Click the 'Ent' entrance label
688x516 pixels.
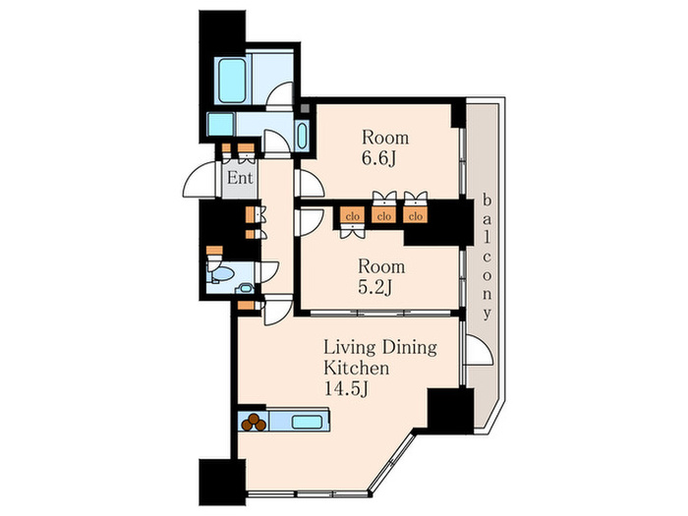240,178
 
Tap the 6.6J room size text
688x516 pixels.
378,158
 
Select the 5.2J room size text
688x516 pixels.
375,287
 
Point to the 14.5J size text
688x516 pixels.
345,389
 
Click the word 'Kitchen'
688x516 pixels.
356,368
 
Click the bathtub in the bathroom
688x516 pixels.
232,81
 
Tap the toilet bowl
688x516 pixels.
222,274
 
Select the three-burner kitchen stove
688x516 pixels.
254,422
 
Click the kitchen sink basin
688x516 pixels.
306,422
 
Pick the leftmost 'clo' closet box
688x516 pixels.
353,216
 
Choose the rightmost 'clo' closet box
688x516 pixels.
415,216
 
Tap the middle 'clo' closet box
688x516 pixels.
384,216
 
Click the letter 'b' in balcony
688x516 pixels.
487,201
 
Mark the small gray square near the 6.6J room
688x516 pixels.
305,108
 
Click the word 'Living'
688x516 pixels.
350,348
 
